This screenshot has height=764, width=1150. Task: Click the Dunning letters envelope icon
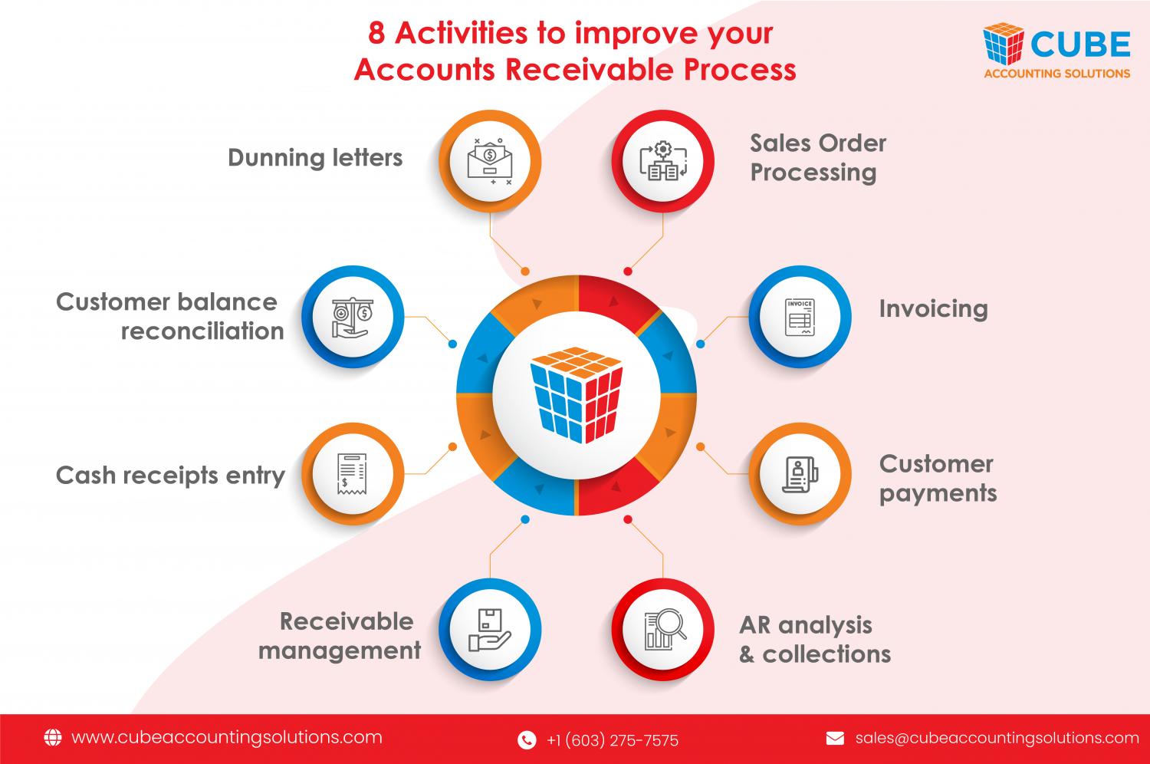[490, 161]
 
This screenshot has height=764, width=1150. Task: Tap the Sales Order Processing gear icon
[663, 160]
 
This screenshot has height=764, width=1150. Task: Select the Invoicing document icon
[800, 317]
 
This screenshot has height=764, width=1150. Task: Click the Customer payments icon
[800, 474]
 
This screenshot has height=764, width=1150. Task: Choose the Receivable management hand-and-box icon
[489, 630]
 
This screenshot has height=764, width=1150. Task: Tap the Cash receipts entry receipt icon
[352, 474]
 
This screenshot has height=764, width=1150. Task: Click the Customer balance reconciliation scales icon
[352, 318]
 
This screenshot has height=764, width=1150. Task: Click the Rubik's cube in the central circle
[576, 394]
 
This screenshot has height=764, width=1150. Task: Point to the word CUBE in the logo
[1080, 44]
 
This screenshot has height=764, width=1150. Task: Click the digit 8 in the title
[376, 34]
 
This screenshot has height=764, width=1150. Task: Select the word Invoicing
[933, 310]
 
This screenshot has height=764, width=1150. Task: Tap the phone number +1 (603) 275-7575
[613, 740]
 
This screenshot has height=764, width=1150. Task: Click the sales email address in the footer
[997, 739]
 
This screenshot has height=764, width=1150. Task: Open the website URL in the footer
[227, 738]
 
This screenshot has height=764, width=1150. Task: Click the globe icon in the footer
[52, 737]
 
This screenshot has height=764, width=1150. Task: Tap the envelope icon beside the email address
[835, 739]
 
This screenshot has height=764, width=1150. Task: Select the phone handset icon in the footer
[527, 740]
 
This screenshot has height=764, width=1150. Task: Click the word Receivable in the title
[590, 70]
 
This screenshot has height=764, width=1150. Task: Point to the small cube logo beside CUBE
[1003, 43]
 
